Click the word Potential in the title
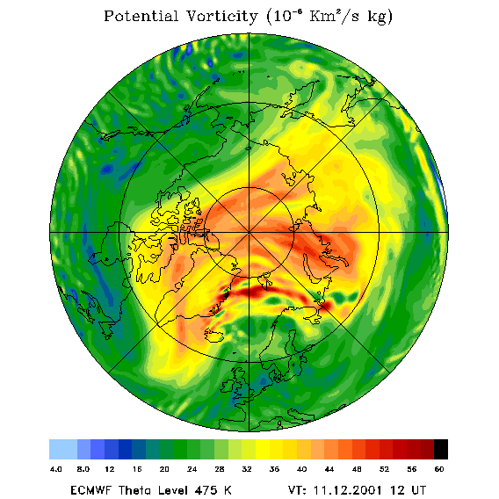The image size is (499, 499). tap(141, 16)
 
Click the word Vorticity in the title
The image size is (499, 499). tap(221, 16)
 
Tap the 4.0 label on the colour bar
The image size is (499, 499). tap(56, 469)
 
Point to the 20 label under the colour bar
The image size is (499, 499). tap(164, 469)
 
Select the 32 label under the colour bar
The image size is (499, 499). tap(247, 469)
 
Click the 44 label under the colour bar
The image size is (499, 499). tap(329, 469)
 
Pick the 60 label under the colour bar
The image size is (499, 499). tap(439, 469)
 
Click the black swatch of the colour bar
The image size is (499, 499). tap(441, 449)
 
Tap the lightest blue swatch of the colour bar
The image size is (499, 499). tap(63, 449)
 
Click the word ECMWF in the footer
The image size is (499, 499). tap(90, 490)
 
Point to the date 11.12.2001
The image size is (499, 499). tap(348, 490)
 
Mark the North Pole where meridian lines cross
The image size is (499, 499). tap(249, 233)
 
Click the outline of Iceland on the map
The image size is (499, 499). tap(213, 336)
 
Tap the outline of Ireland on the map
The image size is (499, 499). tap(227, 386)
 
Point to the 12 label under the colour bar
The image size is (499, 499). tap(110, 469)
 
